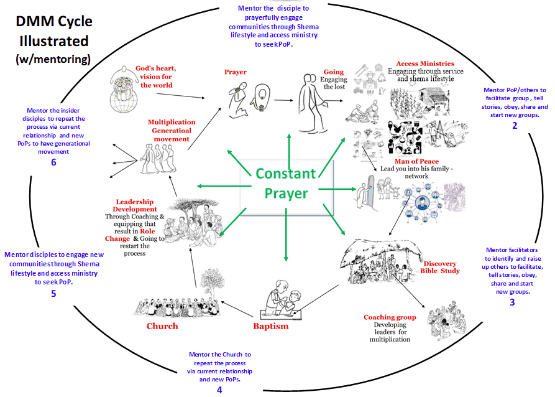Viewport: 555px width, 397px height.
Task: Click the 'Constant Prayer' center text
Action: click(287, 183)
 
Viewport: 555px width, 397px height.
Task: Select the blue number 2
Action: click(515, 126)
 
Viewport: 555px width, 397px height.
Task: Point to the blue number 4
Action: click(219, 390)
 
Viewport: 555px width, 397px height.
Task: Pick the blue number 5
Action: click(53, 293)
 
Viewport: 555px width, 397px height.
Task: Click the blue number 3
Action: click(511, 302)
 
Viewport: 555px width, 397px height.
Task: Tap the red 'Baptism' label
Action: click(270, 326)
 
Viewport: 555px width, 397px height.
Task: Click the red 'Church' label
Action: click(162, 326)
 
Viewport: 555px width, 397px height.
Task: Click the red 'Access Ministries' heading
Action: click(425, 63)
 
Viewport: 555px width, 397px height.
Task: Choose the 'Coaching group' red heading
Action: click(390, 317)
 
